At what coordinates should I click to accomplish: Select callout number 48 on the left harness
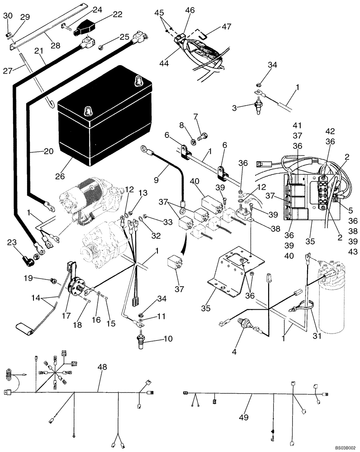[102, 367]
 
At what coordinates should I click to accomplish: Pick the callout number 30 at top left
[8, 16]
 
